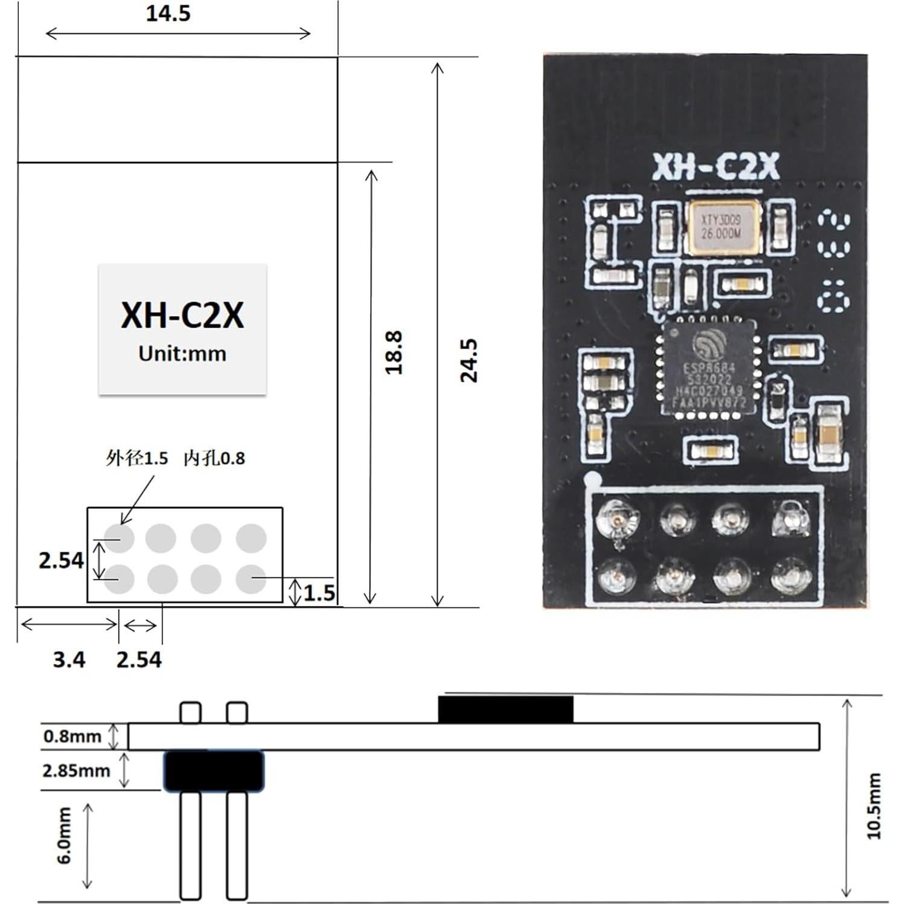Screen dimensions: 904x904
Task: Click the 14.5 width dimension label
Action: point(168,13)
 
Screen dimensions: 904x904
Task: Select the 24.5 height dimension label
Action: point(469,360)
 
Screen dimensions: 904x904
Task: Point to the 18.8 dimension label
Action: point(393,352)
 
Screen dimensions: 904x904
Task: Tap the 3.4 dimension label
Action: point(69,659)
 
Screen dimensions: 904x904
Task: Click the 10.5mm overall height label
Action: point(874,806)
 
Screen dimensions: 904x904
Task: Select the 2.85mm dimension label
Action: point(76,770)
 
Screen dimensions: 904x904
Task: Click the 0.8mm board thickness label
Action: point(72,736)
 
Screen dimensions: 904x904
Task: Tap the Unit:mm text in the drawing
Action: point(182,354)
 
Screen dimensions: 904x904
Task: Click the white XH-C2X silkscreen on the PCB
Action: point(715,168)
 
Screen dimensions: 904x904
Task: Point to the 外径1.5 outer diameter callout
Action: point(137,459)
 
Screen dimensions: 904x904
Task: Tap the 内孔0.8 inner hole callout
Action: point(215,459)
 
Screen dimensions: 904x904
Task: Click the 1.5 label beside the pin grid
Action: point(319,593)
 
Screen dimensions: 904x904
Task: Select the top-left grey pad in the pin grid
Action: point(119,537)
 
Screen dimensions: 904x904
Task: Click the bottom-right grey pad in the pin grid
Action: point(251,579)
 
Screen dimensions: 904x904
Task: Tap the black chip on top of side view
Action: point(505,709)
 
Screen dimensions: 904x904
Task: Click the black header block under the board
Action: point(214,771)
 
